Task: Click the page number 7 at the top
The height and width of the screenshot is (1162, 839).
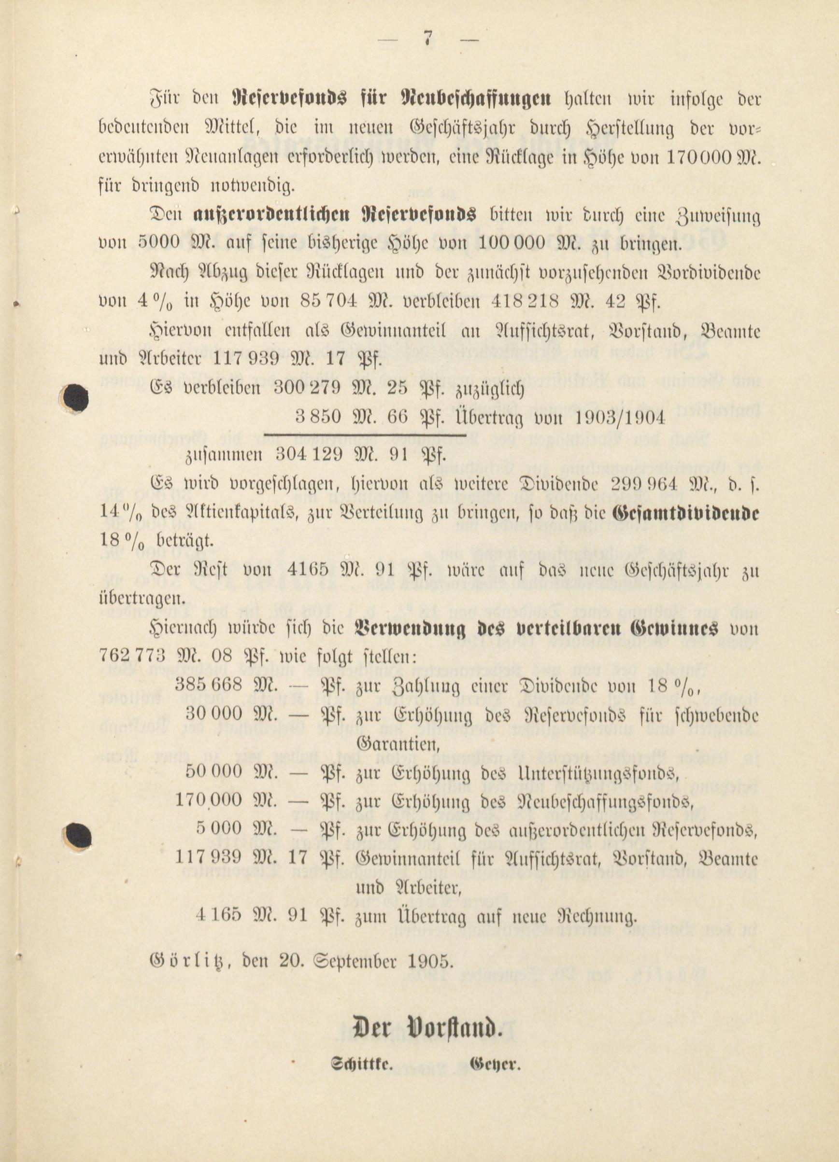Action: click(427, 41)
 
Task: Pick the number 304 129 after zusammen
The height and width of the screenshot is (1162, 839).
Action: click(309, 454)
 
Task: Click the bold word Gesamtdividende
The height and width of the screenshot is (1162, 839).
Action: click(686, 513)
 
